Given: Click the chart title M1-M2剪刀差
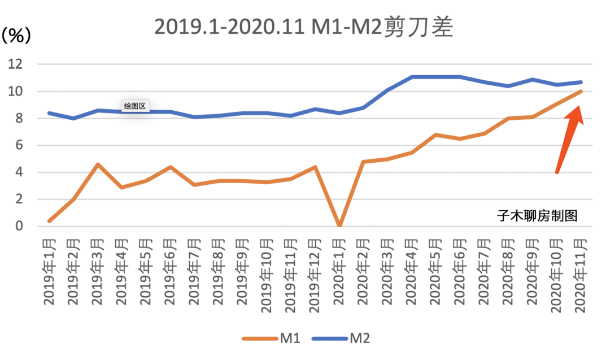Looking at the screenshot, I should tap(304, 27).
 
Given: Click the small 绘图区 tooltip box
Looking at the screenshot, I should tap(135, 106).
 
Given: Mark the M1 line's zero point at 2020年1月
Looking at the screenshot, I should tap(339, 225).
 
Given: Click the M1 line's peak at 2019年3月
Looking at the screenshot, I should tap(97, 164).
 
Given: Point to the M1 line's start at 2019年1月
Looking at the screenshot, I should tap(49, 221).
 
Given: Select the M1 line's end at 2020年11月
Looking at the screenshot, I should tap(581, 91).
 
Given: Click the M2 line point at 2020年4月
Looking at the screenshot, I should tap(412, 77).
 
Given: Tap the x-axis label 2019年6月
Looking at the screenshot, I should tap(170, 271).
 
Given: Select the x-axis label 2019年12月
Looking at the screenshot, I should tap(315, 274).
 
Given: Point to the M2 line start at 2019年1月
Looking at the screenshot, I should tap(49, 113).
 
